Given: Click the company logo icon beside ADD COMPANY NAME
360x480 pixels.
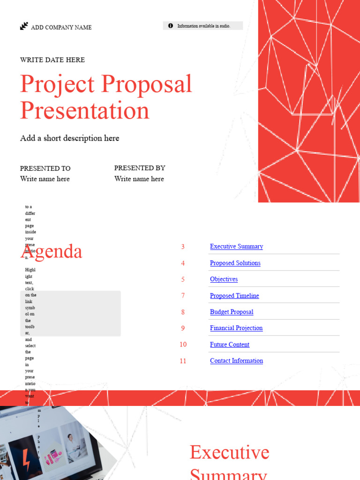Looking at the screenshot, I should click(24, 26).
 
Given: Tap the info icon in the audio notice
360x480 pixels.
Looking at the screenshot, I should click(171, 26).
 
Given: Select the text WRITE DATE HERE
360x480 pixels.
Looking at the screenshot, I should click(52, 60).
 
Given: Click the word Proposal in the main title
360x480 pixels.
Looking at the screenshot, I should click(147, 84).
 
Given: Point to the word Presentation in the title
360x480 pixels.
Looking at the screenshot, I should click(85, 111).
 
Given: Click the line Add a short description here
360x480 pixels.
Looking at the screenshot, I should click(69, 138).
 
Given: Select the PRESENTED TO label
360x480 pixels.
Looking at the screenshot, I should click(45, 168).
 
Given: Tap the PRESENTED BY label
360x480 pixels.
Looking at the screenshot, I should click(140, 168).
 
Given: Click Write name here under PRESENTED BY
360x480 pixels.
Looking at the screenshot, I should click(139, 179).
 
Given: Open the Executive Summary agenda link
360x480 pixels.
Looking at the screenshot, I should click(236, 247).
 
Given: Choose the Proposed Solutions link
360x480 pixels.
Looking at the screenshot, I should click(235, 263).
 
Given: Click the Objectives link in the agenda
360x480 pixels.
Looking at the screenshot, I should click(224, 279).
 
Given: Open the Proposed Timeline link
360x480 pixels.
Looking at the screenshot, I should click(234, 296).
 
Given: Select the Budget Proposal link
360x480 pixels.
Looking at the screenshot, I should click(232, 312).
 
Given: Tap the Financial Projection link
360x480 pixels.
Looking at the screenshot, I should click(236, 328).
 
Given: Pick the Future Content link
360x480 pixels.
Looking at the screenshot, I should click(230, 345).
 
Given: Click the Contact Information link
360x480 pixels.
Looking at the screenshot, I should click(236, 361).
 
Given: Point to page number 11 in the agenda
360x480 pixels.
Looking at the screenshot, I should click(183, 361).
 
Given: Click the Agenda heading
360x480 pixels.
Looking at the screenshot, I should click(52, 252).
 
